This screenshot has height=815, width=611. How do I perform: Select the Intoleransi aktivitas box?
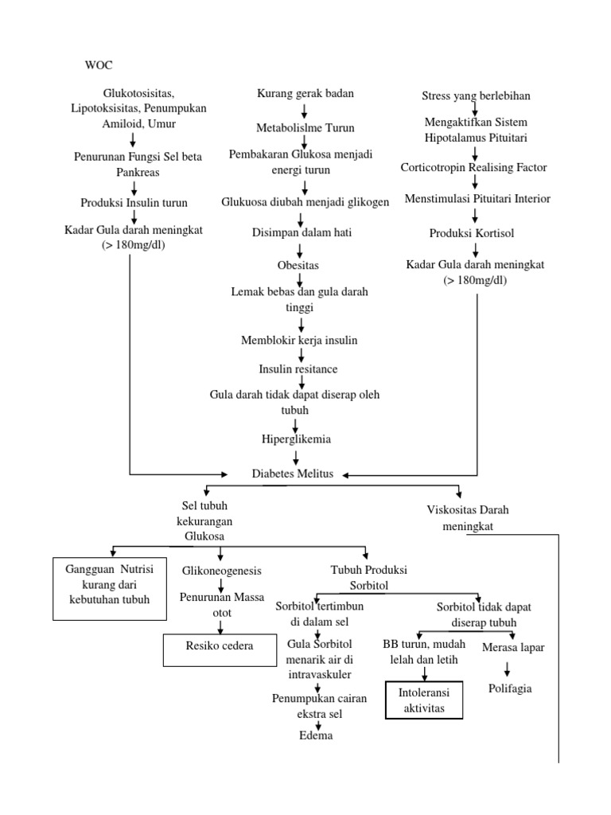[423, 700]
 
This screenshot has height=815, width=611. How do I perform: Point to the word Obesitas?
[298, 264]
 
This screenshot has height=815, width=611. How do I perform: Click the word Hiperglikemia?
[297, 439]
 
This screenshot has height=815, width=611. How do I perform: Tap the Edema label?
[316, 735]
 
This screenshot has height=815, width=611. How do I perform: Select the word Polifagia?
[510, 688]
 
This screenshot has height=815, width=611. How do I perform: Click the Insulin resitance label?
[298, 369]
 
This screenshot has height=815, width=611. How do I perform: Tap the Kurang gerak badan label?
[305, 94]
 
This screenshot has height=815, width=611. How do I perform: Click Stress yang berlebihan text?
[476, 96]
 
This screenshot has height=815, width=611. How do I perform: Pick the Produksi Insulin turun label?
[134, 202]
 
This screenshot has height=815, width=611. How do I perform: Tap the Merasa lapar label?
[513, 647]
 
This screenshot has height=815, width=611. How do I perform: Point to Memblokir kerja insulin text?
[299, 341]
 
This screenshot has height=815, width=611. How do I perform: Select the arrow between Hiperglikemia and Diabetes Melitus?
[296, 456]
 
